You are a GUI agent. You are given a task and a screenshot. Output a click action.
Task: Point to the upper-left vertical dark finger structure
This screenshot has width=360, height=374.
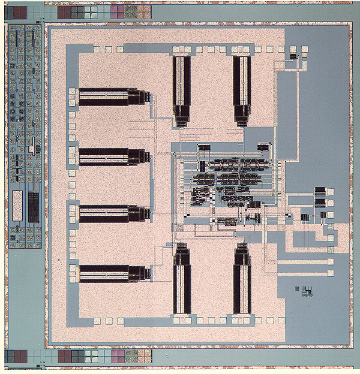[x=182, y=90]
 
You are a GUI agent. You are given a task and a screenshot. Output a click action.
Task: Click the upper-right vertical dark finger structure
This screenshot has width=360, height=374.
[x=242, y=90]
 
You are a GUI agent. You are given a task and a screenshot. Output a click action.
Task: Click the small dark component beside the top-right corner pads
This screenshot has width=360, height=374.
[x=293, y=56]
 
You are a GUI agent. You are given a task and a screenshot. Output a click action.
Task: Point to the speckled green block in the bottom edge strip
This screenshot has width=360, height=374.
[x=130, y=357]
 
